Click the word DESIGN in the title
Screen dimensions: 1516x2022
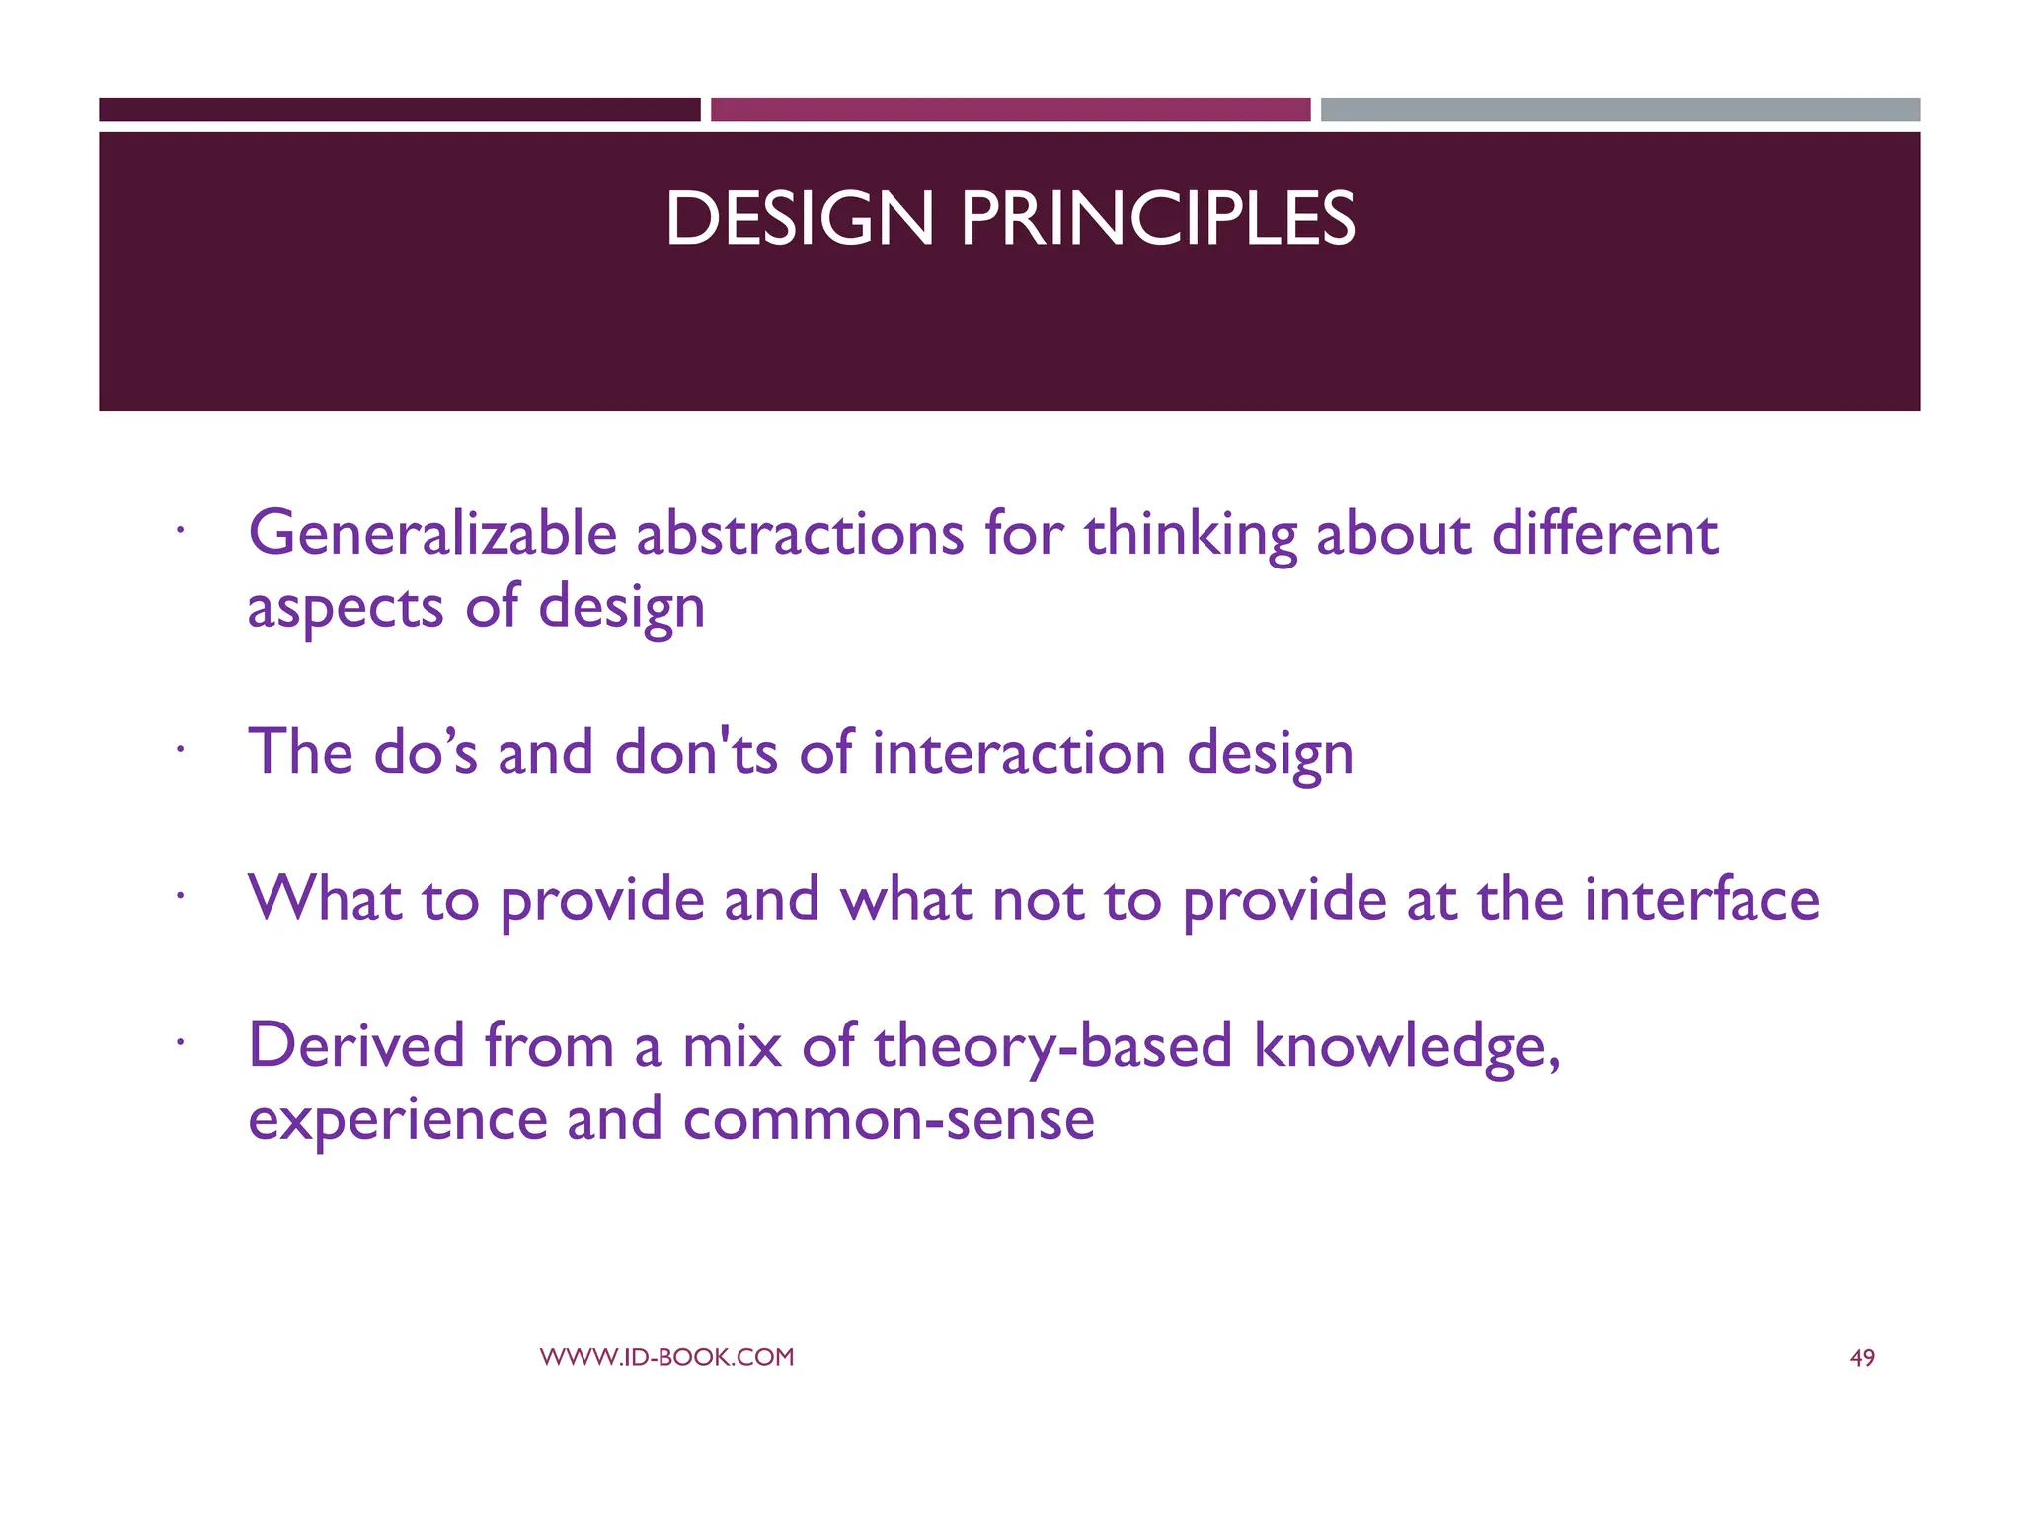799,219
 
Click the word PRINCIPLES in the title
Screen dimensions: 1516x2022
1157,219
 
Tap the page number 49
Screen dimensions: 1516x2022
1861,1358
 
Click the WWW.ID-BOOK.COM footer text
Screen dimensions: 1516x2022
666,1357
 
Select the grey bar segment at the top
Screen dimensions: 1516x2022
1620,110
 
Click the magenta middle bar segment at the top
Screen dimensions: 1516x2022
1010,110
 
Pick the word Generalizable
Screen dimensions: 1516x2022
432,534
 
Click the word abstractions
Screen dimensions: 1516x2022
799,534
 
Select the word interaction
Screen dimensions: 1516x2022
1018,753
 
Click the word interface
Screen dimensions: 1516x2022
1701,899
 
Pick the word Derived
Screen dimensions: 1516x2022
355,1045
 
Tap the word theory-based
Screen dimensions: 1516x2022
1052,1047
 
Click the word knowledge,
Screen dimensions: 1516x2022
1407,1047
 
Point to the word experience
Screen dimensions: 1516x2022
397,1120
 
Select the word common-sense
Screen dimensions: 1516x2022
888,1120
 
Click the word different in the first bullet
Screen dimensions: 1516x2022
1604,534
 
